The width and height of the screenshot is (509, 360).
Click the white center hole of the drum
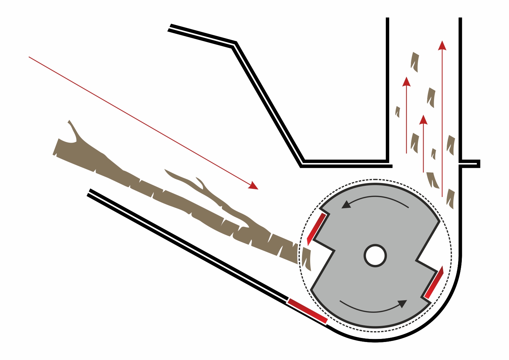[x=375, y=255]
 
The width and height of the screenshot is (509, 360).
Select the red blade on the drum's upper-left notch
[x=316, y=228]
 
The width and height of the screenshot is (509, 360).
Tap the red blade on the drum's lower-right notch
[x=434, y=283]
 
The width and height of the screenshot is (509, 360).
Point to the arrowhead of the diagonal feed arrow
[x=254, y=186]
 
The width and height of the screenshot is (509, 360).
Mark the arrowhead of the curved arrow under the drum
[x=403, y=303]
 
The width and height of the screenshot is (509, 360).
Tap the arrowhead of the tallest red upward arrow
[x=442, y=45]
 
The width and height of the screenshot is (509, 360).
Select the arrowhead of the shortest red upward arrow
[x=423, y=120]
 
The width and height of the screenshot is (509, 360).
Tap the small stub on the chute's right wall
[x=472, y=164]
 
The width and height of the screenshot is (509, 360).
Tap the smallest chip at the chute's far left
[x=398, y=112]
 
